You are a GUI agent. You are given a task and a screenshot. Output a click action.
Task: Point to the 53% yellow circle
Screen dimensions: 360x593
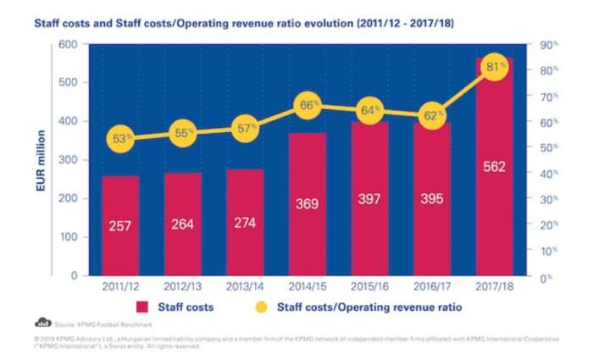121,139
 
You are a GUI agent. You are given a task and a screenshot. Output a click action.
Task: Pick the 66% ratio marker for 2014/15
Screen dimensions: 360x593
308,106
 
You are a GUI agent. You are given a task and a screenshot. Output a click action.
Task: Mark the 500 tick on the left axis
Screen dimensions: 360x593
71,82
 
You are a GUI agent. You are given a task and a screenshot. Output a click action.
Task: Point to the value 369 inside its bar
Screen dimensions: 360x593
308,204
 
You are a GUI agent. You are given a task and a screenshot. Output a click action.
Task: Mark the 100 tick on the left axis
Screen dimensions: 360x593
71,237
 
